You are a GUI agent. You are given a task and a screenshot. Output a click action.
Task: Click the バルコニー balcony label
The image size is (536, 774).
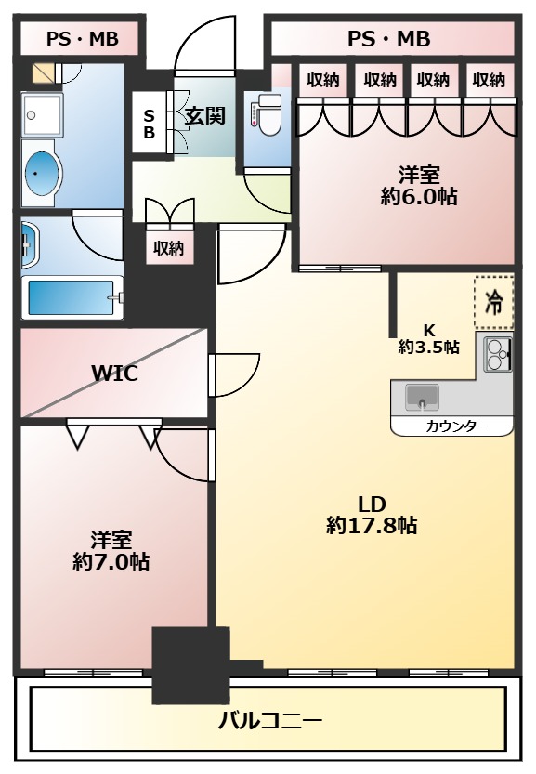270,719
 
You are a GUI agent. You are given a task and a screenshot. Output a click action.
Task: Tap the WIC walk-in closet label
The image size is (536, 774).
114,374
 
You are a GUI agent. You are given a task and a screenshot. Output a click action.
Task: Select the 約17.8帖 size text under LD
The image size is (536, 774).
372,526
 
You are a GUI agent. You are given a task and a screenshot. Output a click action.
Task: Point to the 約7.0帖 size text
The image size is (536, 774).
111,561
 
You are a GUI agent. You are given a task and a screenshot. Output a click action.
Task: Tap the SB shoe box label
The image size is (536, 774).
149,125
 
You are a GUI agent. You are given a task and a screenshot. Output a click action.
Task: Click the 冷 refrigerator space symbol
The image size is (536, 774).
494,302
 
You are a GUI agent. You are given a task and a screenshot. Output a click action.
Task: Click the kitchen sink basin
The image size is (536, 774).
423,397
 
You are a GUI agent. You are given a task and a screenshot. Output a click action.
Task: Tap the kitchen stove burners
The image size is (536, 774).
497,352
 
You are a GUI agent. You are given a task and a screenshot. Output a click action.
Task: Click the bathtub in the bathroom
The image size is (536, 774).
72,297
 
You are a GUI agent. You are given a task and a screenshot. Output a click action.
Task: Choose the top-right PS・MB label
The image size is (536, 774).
388,39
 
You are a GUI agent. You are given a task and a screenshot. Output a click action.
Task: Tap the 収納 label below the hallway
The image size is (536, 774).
168,248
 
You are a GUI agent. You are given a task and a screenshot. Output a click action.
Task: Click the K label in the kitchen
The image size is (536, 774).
428,330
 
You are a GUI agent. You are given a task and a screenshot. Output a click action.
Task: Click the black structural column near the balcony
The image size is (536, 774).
190,665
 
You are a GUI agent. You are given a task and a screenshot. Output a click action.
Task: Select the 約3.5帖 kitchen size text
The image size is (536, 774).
428,348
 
